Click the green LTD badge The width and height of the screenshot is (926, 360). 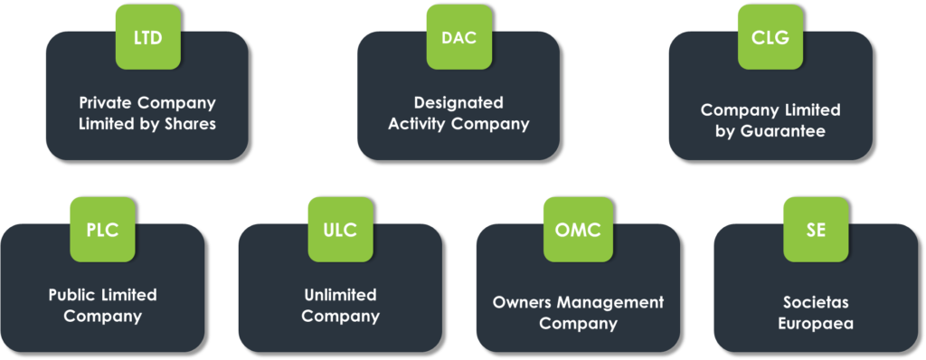pos(147,37)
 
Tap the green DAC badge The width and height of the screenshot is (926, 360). pos(458,37)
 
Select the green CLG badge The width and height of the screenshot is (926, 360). pos(770,37)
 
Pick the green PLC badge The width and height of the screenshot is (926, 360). pos(102,230)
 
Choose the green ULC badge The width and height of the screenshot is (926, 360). pos(340,230)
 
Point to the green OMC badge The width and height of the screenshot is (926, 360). pos(578,230)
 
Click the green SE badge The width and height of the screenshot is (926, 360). pos(816,230)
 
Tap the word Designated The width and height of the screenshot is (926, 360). pos(458,102)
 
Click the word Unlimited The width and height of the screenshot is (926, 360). pos(340,295)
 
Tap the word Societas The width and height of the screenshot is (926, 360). pos(816,302)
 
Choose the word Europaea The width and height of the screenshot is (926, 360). pos(816,323)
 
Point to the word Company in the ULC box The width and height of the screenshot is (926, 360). pos(340,317)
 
